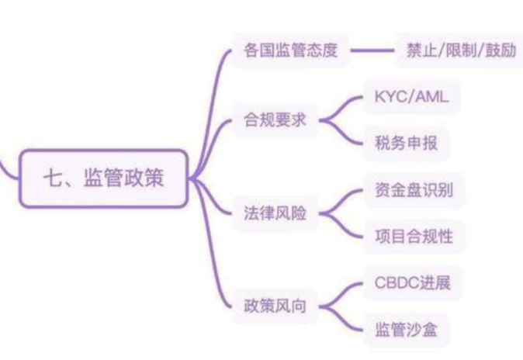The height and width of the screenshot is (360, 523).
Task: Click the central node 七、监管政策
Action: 104,178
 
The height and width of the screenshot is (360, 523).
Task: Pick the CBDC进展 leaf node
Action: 407,282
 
